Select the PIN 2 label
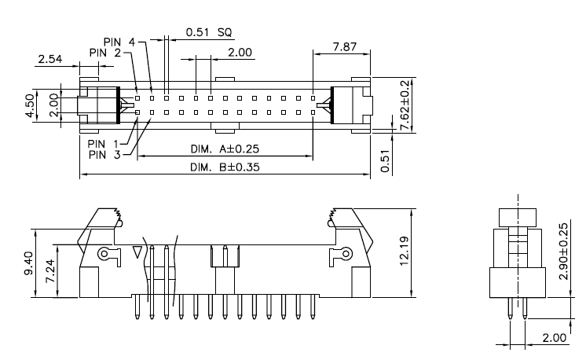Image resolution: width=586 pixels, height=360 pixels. point(104,53)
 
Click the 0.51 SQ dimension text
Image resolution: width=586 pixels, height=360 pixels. point(208,32)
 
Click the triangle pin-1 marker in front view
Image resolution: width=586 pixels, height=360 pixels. point(138,253)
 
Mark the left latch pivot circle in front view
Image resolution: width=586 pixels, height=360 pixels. point(104,254)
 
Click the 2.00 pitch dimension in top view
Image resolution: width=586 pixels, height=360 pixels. point(240,53)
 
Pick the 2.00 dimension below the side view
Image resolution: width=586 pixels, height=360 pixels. point(555,338)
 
